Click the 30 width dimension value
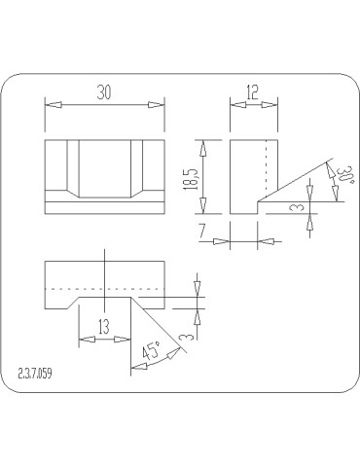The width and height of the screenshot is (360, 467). coord(104,92)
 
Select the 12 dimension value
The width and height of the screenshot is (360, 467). coord(252,92)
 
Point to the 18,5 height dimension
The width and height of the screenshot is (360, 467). coord(192,179)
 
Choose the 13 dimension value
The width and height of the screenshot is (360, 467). coord(104,327)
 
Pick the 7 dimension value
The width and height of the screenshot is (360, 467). coord(202,232)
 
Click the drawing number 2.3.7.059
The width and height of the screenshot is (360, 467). coord(35,374)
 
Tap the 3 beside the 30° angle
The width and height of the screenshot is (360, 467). coord(300,207)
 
